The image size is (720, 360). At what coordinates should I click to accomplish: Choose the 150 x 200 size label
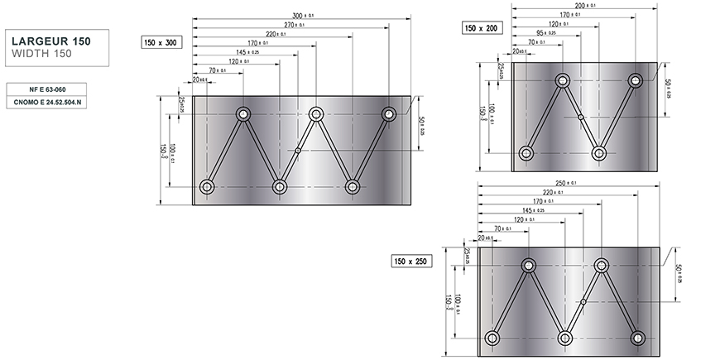(x=481, y=28)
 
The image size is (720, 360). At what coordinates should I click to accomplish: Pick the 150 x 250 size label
(x=411, y=262)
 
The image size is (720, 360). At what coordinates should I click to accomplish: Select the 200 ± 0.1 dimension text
(x=585, y=5)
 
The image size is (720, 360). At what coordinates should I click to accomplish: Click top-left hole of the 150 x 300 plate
(x=244, y=114)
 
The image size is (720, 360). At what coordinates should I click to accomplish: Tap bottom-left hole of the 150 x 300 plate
(x=207, y=187)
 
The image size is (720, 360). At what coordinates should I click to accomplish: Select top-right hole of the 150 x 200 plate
(x=636, y=81)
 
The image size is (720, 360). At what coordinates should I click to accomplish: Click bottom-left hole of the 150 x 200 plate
(x=526, y=153)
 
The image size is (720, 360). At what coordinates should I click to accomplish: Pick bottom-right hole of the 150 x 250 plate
(x=637, y=338)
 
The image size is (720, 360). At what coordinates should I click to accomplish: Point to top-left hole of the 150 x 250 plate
(x=528, y=266)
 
